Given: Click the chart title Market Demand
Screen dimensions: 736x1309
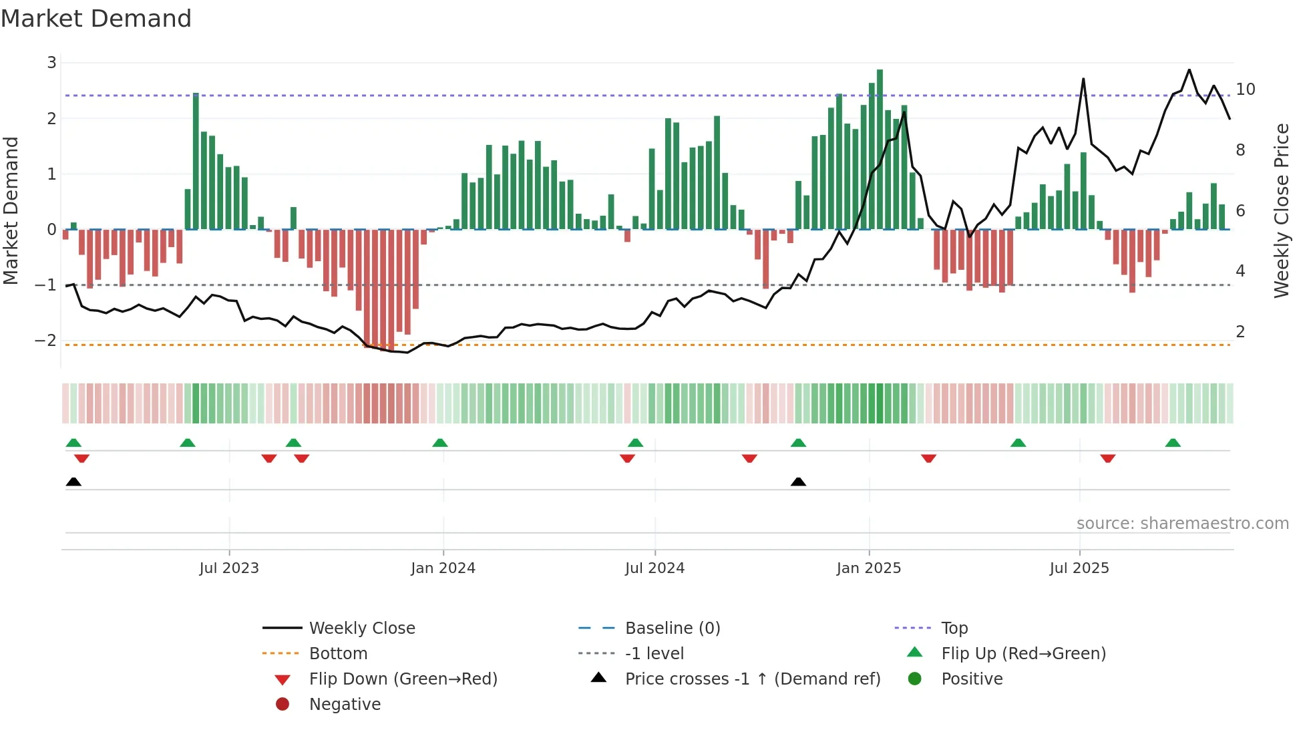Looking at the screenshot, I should coord(96,19).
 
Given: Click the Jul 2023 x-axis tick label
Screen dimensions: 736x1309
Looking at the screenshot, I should coord(229,568).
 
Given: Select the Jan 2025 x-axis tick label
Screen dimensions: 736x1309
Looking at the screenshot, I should coord(868,568).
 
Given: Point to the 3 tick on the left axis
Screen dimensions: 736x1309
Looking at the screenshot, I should coord(51,63).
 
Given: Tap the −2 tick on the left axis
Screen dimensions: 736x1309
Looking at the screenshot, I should coord(46,341).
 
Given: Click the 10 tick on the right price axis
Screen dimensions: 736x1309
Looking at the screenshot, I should coord(1245,89).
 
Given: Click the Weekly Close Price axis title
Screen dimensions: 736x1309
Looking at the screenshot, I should coord(1281,210).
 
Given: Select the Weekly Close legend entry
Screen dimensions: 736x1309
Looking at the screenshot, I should coord(361,628).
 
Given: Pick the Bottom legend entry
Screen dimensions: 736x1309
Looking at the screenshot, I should coord(338,654).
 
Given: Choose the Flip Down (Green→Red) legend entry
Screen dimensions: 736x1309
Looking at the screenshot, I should coord(403,679).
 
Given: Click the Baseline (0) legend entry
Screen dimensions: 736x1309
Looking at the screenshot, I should coord(672,628).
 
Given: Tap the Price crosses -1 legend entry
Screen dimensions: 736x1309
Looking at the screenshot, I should coord(752,679).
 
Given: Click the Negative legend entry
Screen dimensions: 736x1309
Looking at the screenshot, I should coord(345,705).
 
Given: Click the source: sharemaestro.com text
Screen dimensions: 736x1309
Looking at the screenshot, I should coord(1182,524).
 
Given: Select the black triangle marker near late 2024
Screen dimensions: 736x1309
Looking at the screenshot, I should coord(798,482).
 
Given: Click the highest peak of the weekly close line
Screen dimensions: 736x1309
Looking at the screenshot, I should coord(1189,70).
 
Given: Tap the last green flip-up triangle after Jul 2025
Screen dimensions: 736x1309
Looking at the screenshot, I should coord(1173,443).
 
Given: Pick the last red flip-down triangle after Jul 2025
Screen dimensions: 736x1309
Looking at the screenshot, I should coord(1108,458).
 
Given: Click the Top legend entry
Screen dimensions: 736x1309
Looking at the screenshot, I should coord(954,628).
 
